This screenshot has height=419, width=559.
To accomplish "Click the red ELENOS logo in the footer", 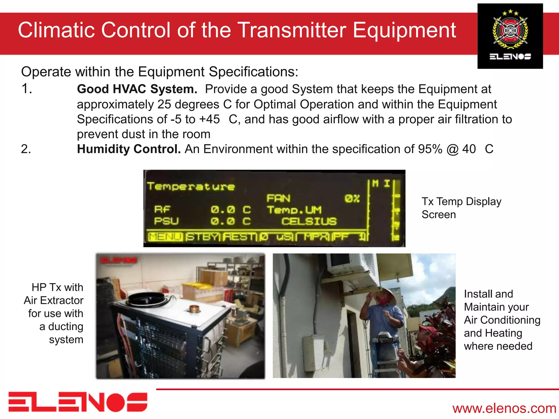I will point(78,402).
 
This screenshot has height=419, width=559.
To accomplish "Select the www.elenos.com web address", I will point(504,408).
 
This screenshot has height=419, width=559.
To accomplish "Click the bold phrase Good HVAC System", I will point(137,89).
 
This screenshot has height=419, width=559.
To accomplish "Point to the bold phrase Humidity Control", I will point(129,149).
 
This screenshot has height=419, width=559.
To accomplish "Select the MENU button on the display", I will point(165,237).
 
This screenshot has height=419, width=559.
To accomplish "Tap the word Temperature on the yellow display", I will point(191,187).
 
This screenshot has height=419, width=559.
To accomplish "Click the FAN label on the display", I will point(278,198).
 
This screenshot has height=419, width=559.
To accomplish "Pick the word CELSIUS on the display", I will point(309,221).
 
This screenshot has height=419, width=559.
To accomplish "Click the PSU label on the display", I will point(166,221).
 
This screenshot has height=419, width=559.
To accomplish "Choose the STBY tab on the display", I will point(203,237).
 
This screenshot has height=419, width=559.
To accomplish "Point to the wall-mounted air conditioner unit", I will point(355,265).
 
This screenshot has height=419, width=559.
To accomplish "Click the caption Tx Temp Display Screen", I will point(461,208).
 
